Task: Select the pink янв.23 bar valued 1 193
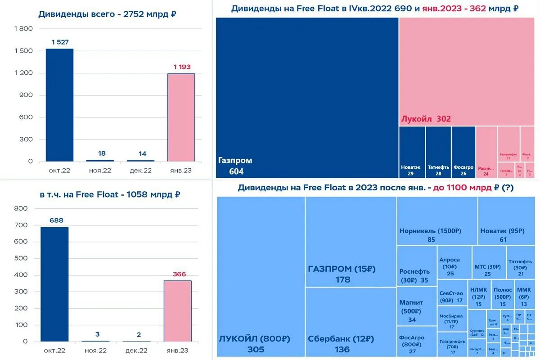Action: coord(181,117)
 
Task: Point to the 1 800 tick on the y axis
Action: coord(24,29)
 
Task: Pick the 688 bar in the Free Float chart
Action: coord(54,283)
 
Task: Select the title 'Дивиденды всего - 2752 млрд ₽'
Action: coord(107,14)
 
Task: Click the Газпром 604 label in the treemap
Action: coord(235,166)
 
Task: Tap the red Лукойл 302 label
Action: coord(426,119)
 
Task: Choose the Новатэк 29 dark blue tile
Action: coord(412,152)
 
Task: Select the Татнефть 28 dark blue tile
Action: coord(438,152)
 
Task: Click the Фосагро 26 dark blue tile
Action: coord(463,152)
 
